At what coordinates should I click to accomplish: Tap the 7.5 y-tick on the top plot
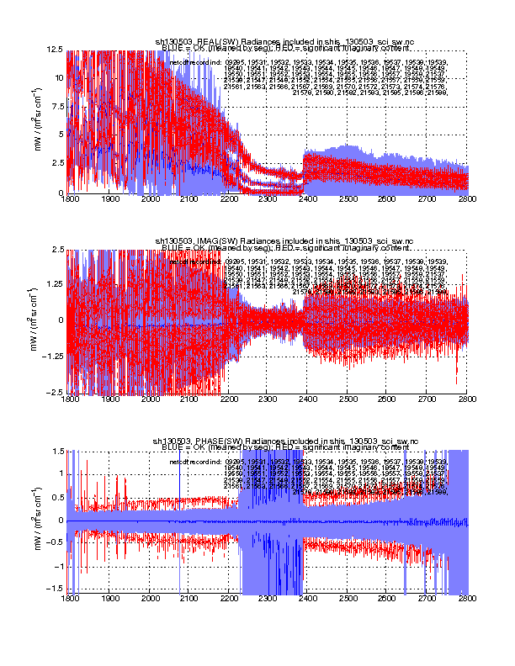point(59,107)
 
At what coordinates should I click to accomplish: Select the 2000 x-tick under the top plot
point(150,200)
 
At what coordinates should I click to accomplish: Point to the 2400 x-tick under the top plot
point(309,200)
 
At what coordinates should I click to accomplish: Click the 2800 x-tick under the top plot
point(468,200)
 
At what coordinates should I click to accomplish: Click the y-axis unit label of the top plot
point(39,121)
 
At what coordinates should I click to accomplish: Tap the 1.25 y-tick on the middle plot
point(56,285)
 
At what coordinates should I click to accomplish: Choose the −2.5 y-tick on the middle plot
point(56,392)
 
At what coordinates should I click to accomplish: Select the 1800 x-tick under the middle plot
point(71,399)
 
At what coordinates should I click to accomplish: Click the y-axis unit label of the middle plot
point(39,320)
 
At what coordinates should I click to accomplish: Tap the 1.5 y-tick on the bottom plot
point(59,450)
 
